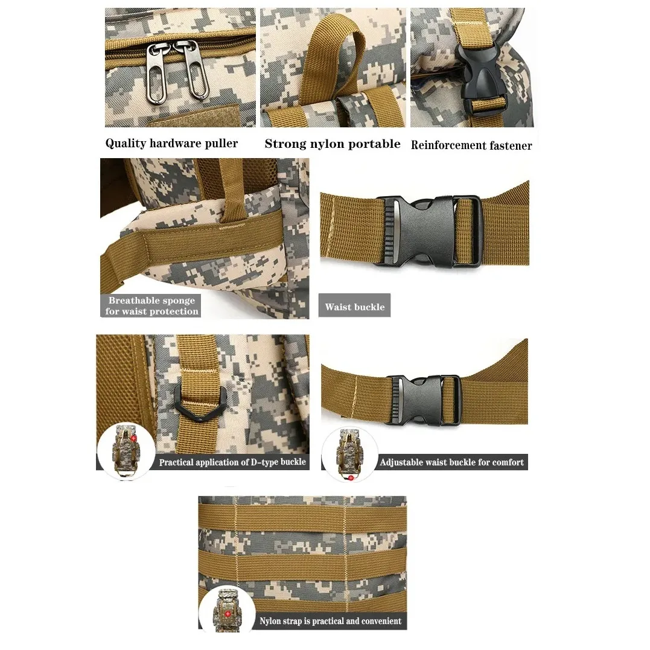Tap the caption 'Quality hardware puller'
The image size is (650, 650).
click(x=171, y=144)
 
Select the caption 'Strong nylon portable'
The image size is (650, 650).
click(x=332, y=144)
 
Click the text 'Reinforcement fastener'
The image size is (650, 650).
click(x=471, y=145)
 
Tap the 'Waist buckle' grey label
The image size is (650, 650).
click(x=354, y=307)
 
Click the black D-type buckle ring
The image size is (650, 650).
click(x=200, y=403)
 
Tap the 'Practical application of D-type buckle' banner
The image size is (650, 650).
click(x=232, y=462)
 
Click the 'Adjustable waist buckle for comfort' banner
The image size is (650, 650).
click(x=451, y=462)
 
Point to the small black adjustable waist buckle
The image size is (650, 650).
click(x=422, y=400)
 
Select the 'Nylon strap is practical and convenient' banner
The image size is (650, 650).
click(x=330, y=620)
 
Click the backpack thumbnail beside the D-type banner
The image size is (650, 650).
click(x=126, y=451)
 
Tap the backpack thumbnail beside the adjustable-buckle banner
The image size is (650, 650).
click(x=349, y=454)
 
